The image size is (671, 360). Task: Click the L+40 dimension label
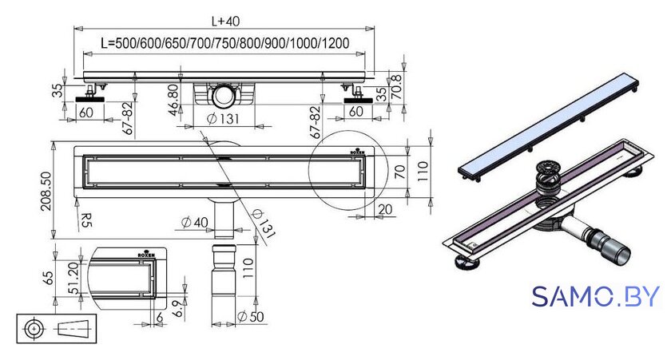tap(225, 21)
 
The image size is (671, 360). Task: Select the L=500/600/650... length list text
tap(224, 43)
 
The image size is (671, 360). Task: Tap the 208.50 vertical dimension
tap(46, 191)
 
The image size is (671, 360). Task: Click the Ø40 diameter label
tap(194, 223)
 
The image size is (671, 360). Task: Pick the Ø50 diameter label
tap(250, 317)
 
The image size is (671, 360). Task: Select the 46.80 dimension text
tap(173, 100)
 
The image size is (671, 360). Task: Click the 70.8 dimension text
tap(397, 87)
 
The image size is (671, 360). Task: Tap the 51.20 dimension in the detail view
tap(73, 278)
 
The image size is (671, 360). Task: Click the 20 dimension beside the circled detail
tap(385, 209)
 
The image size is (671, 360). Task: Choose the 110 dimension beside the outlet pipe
tap(248, 268)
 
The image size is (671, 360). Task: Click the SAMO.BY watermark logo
tap(596, 296)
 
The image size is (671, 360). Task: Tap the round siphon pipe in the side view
tap(224, 95)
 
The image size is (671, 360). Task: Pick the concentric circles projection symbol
tap(34, 329)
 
